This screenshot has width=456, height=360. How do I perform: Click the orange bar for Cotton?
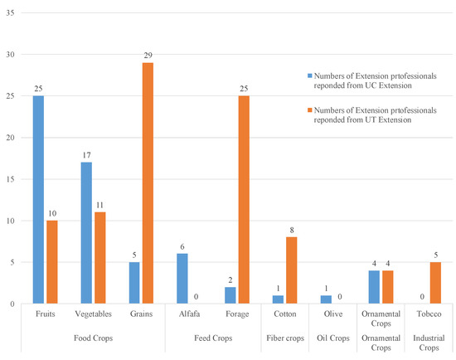pos(293,270)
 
